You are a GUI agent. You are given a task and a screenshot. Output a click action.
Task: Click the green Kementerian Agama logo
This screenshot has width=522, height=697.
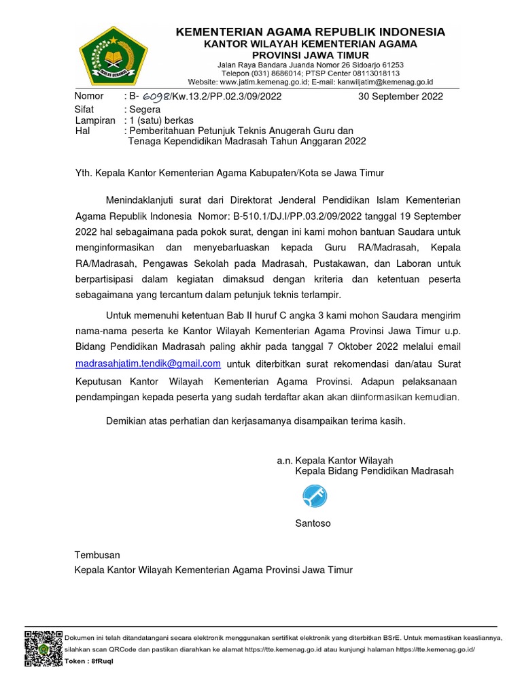click(x=112, y=54)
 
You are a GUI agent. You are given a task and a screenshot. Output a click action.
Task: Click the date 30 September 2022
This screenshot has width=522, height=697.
click(x=400, y=97)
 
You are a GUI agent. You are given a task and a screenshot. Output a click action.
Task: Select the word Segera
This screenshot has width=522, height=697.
click(x=145, y=110)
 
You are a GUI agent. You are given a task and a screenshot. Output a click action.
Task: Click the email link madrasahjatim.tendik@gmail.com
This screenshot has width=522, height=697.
click(x=148, y=363)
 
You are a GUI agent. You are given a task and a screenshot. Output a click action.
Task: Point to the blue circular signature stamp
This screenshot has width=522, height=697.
click(x=313, y=497)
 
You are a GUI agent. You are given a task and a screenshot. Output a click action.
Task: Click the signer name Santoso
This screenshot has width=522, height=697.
click(x=313, y=523)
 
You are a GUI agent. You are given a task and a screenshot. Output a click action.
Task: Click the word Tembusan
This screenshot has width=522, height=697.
click(x=97, y=555)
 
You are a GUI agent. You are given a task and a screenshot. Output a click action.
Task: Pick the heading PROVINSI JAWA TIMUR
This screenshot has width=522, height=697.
click(x=311, y=54)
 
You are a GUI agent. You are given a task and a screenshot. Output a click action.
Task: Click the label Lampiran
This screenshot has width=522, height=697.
click(x=95, y=120)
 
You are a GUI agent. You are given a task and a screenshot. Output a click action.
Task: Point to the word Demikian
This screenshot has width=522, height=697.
click(x=127, y=421)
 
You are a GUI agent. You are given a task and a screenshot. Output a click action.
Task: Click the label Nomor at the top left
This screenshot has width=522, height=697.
click(x=89, y=97)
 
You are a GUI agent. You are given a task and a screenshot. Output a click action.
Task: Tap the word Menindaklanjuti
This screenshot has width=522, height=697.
click(x=141, y=200)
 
